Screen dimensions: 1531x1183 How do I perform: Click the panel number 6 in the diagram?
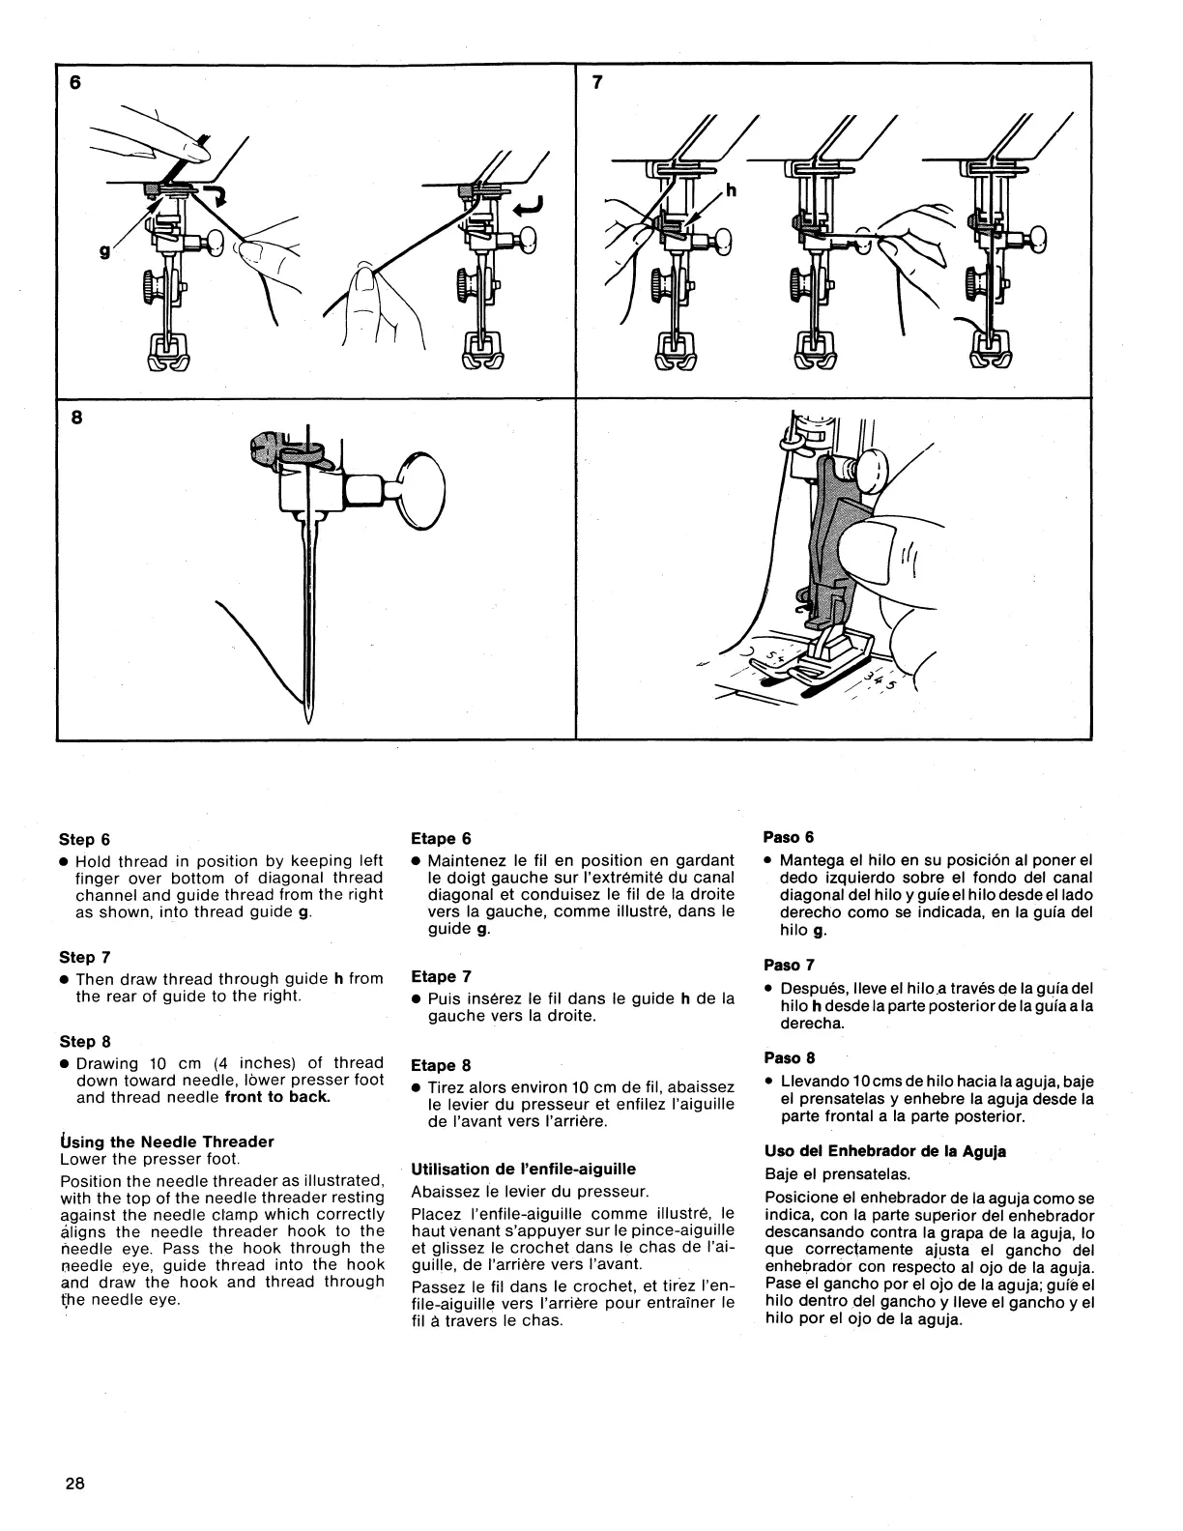tap(75, 83)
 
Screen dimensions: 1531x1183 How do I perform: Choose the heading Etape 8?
tap(441, 1065)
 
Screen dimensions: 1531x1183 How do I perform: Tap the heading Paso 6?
tap(790, 836)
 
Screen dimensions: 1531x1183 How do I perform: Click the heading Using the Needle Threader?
tap(167, 1141)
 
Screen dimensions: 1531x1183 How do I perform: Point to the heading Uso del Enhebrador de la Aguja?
tap(884, 1151)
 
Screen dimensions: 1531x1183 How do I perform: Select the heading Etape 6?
tap(441, 838)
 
